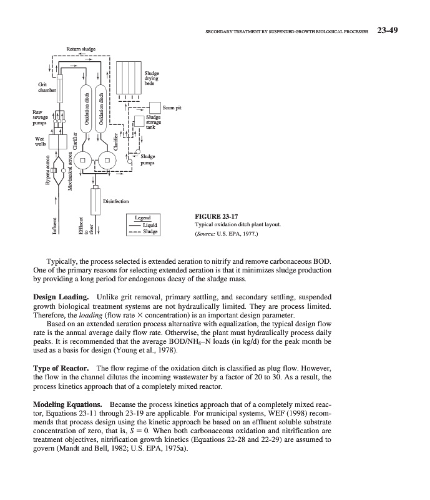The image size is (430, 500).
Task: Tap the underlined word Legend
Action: [143, 218]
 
